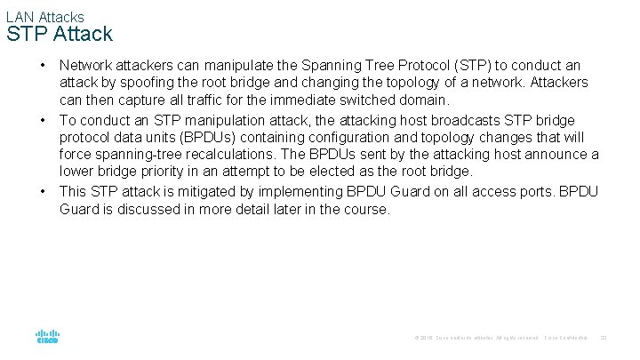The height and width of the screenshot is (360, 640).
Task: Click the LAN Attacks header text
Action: click(x=44, y=17)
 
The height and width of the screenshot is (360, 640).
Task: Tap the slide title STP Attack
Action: click(x=59, y=35)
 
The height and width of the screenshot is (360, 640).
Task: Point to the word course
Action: click(x=367, y=210)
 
